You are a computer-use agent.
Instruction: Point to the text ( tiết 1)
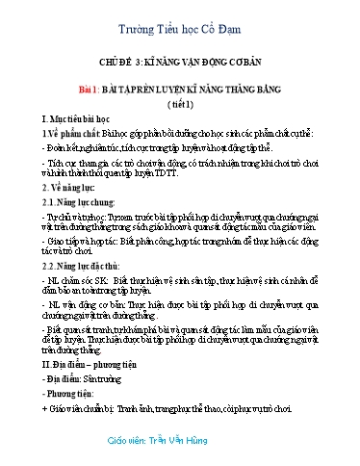[x=180, y=100]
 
